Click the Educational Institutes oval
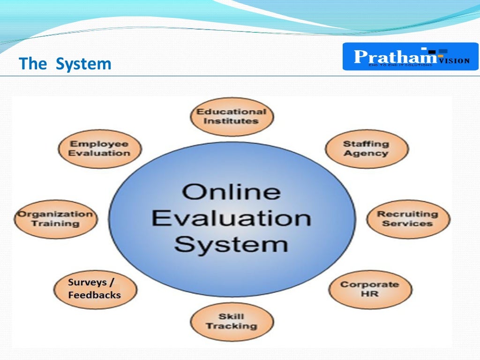[232, 117]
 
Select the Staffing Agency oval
[367, 149]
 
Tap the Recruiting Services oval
[407, 219]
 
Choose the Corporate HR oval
[370, 289]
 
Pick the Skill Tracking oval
[232, 322]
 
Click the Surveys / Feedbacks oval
[95, 289]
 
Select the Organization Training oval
[56, 219]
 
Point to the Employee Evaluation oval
[99, 149]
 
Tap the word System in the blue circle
[232, 244]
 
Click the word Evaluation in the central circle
[232, 218]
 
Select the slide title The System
[65, 64]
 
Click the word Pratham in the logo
[395, 57]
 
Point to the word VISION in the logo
[454, 60]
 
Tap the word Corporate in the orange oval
[370, 285]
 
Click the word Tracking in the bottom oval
[232, 326]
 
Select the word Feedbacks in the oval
[94, 295]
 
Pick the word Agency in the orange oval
[367, 153]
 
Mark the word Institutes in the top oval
[232, 121]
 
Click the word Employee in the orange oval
[99, 144]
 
